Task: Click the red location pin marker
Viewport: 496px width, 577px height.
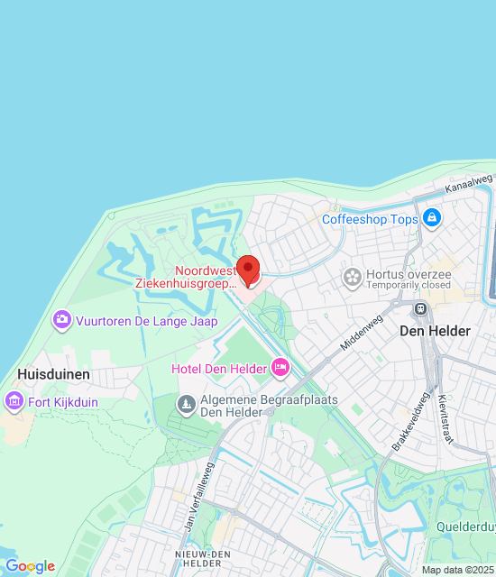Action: [x=248, y=270]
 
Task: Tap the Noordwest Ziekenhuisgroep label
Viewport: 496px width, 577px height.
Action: [x=186, y=276]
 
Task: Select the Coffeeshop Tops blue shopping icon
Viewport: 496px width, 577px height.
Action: [x=432, y=218]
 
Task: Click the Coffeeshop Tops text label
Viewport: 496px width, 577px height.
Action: [x=370, y=219]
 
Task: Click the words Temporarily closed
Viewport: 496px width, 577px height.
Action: [x=409, y=286]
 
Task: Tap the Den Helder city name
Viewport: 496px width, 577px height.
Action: [x=435, y=331]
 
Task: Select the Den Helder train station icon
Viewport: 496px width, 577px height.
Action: [x=420, y=307]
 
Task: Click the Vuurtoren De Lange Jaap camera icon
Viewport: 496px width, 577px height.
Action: [x=61, y=318]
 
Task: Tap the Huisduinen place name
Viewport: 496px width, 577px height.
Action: [x=53, y=372]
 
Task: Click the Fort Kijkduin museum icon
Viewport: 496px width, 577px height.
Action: [x=14, y=399]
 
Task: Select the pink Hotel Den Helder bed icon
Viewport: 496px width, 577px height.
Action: [x=280, y=367]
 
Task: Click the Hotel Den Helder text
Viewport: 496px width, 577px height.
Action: [x=219, y=368]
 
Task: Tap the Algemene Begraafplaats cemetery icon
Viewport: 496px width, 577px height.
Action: [x=186, y=404]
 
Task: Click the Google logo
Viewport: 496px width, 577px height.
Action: [x=30, y=566]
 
